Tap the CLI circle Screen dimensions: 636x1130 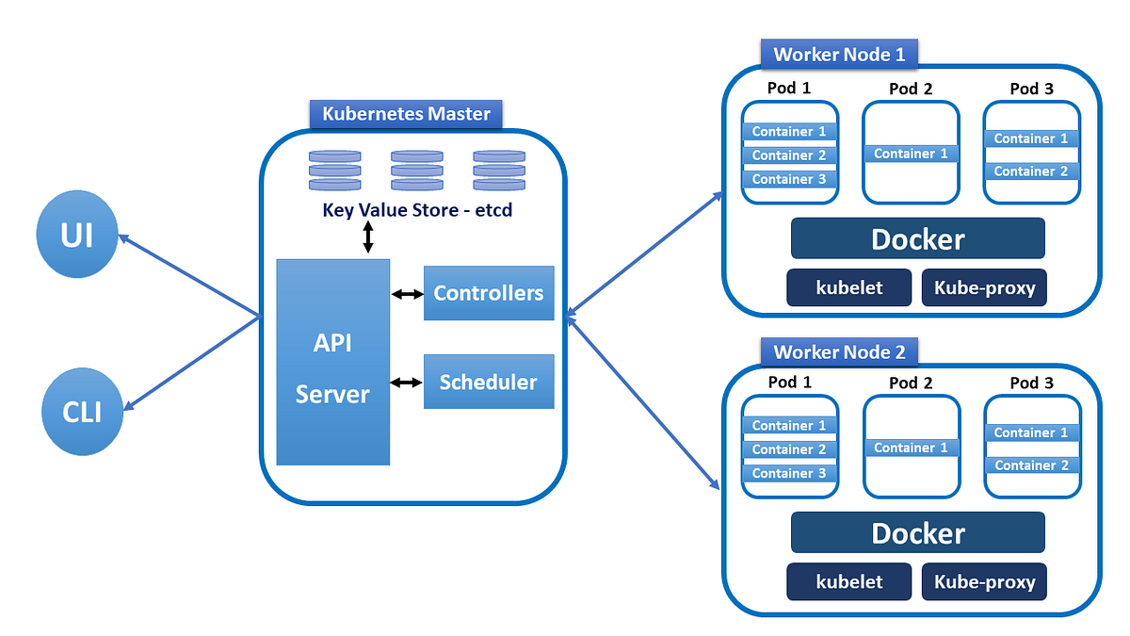point(83,412)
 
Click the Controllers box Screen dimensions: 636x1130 point(488,293)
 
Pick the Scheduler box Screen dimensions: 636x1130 point(488,382)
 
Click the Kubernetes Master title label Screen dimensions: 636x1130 point(406,114)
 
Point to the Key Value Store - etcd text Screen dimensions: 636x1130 point(417,209)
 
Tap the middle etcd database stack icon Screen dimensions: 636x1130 point(417,170)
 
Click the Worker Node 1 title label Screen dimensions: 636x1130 point(838,54)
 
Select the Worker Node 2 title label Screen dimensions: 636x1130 point(838,351)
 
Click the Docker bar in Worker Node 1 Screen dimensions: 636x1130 point(917,238)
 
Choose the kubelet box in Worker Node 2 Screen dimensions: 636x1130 point(848,581)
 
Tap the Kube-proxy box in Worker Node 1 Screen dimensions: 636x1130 point(984,287)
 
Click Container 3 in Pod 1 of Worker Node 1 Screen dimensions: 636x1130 point(789,179)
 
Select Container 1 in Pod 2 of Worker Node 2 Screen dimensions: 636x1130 point(911,448)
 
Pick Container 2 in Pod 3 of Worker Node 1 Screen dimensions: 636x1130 point(1031,171)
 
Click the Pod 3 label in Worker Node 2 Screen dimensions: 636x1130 point(1031,383)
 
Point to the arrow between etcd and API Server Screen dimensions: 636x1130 point(368,236)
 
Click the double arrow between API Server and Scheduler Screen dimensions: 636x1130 point(407,383)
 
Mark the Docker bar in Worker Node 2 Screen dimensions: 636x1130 point(917,532)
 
